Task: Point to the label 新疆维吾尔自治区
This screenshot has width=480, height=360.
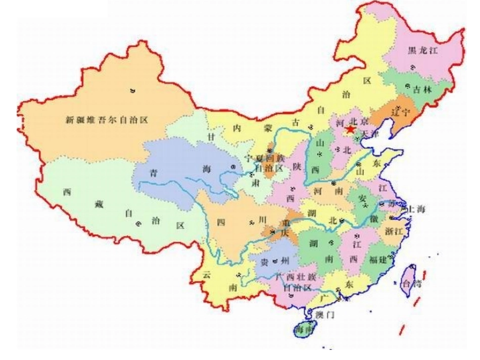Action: click(109, 120)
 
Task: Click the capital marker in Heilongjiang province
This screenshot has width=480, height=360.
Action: click(413, 67)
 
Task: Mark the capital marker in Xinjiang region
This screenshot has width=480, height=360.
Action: click(132, 91)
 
